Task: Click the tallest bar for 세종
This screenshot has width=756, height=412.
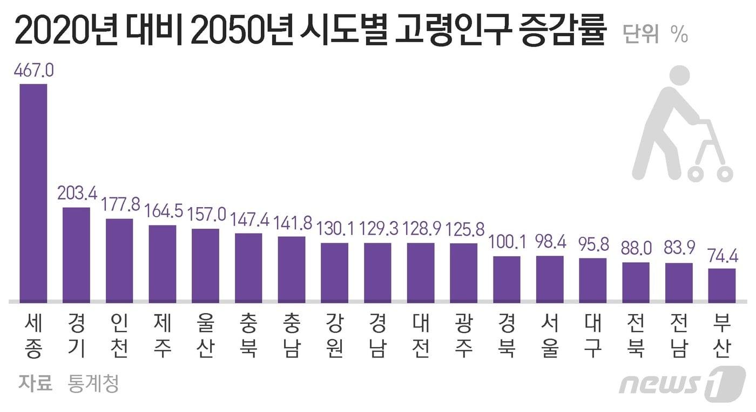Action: pyautogui.click(x=33, y=192)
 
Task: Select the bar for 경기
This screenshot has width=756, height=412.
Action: pyautogui.click(x=76, y=254)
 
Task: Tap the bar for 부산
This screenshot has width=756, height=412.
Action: pyautogui.click(x=721, y=285)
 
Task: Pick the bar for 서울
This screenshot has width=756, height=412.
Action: pyautogui.click(x=550, y=278)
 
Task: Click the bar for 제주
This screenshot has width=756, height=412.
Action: pyautogui.click(x=163, y=263)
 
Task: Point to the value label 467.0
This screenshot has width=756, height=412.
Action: pyautogui.click(x=33, y=71)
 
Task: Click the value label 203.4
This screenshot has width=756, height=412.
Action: pyautogui.click(x=76, y=194)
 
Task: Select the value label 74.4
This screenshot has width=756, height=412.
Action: pyautogui.click(x=721, y=255)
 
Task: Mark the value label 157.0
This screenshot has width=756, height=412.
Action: pyautogui.click(x=205, y=215)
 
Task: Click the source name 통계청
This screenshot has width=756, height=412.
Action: pyautogui.click(x=93, y=384)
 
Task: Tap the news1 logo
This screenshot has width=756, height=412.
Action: pyautogui.click(x=681, y=383)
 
